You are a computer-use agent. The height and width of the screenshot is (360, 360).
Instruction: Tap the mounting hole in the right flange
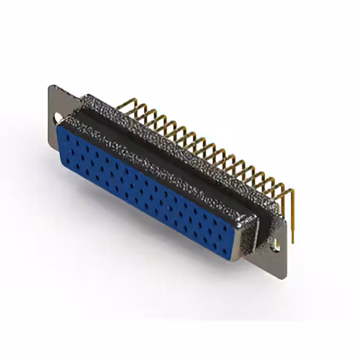276,244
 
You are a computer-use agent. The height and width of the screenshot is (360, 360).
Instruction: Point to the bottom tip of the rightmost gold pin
292,242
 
